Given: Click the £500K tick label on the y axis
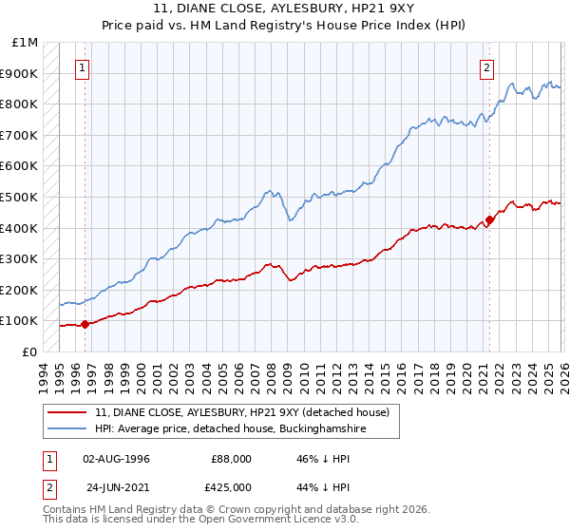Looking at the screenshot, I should [x=21, y=197].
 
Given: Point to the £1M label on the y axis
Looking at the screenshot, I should [x=26, y=43].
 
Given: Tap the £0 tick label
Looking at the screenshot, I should [x=30, y=351].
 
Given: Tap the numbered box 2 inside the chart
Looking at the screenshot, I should [x=487, y=67].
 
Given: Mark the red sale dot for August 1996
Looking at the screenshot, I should [x=85, y=324].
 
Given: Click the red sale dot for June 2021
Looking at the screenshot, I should [x=489, y=220].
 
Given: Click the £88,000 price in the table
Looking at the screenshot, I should [x=232, y=459].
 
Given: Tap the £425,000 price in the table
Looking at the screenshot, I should [x=232, y=485].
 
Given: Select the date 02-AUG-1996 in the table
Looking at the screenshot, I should [x=116, y=459].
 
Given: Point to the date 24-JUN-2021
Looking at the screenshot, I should [x=116, y=485].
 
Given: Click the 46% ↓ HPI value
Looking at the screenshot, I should [x=324, y=459].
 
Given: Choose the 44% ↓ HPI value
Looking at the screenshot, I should [x=324, y=485].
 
